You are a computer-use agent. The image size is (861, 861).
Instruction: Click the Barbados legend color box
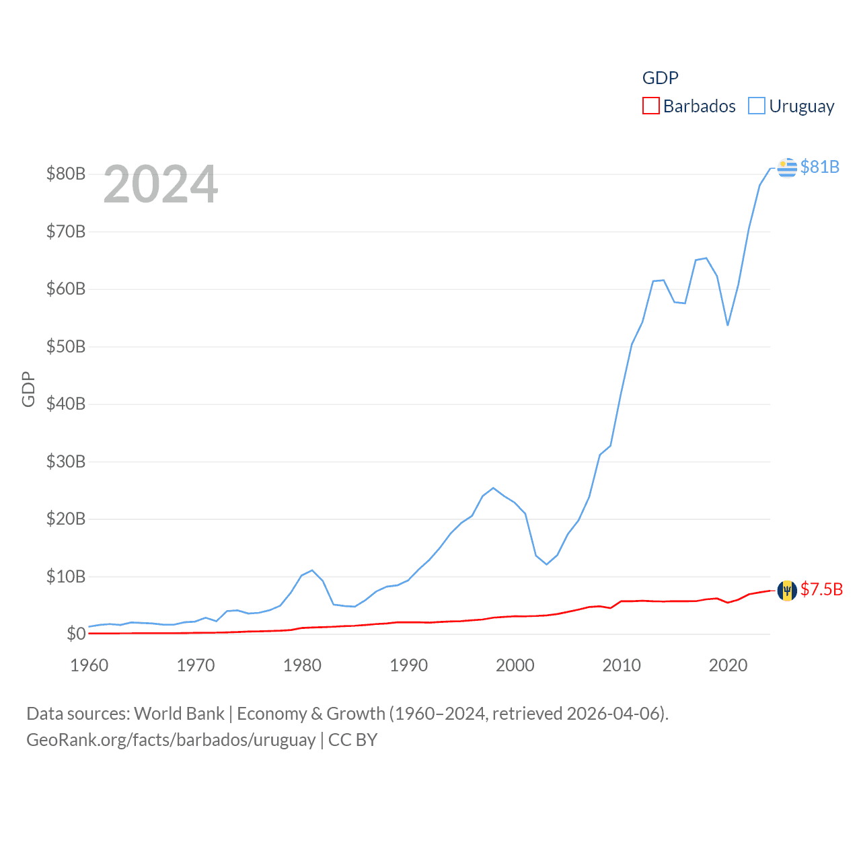650,106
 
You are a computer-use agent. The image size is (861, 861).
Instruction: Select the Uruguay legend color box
757,106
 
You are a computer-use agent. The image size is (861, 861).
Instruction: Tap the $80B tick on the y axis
66,174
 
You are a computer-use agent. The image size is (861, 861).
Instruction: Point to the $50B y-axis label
66,347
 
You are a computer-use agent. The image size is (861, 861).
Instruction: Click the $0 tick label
76,634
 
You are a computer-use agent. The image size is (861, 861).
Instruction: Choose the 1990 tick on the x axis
409,666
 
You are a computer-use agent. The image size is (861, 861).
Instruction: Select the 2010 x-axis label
622,666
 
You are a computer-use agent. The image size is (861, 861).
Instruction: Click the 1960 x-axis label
89,666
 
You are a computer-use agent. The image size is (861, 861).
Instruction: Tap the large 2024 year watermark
161,184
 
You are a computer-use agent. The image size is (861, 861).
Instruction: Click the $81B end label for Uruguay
819,167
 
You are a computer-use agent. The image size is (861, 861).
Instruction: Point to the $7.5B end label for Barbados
821,590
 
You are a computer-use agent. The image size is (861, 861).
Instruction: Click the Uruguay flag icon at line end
786,167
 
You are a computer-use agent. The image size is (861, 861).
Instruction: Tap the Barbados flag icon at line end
786,591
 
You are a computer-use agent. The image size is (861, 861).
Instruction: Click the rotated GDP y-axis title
28,389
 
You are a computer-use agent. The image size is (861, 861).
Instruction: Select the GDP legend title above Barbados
660,78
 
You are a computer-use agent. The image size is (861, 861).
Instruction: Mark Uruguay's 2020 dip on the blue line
728,325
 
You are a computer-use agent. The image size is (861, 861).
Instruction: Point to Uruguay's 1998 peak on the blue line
493,488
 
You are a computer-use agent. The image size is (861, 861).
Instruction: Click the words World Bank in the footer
179,714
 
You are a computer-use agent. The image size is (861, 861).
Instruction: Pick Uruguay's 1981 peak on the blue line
312,570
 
